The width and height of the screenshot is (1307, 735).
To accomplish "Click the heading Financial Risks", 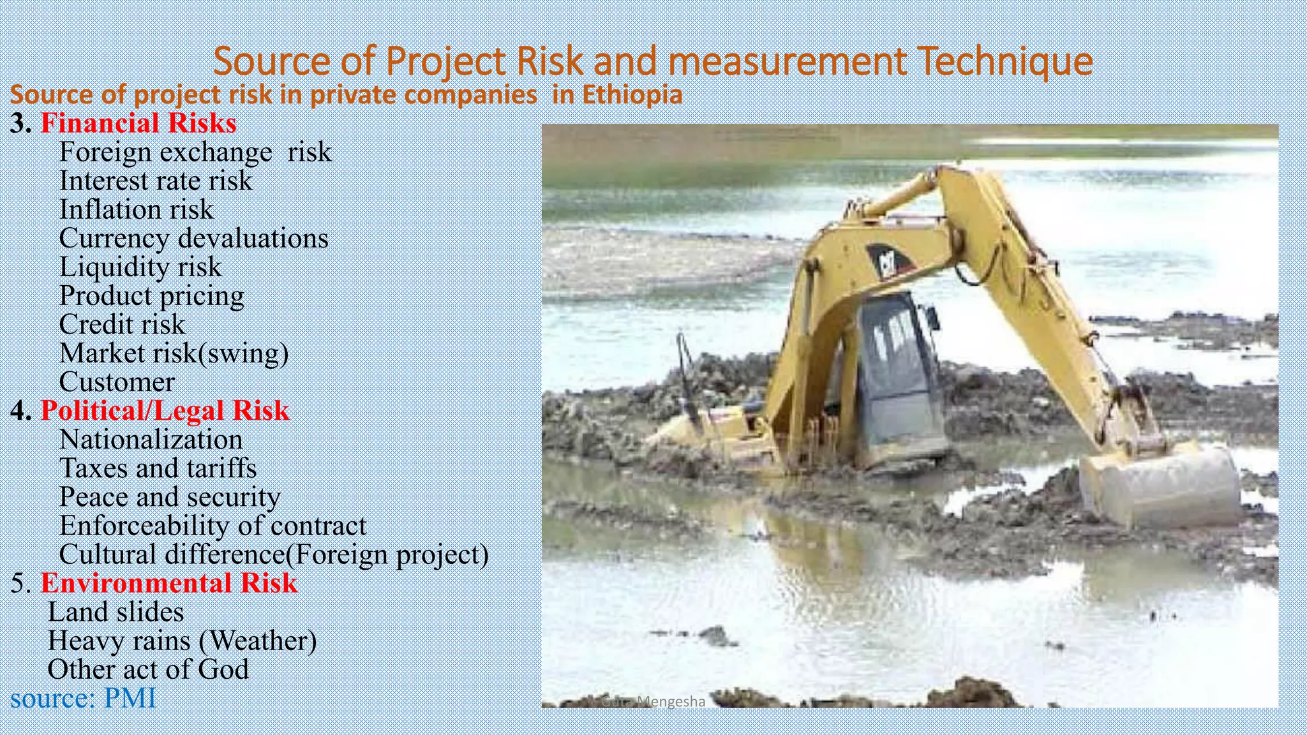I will pyautogui.click(x=138, y=123).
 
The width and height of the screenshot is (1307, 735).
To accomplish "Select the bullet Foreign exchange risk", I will pyautogui.click(x=195, y=152).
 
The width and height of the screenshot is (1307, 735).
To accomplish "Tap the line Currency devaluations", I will pyautogui.click(x=193, y=239).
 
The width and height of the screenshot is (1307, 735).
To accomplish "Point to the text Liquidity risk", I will pyautogui.click(x=140, y=267).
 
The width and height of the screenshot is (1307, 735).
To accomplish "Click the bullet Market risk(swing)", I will pyautogui.click(x=174, y=353).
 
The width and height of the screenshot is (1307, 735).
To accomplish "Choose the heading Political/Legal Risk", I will pyautogui.click(x=165, y=411).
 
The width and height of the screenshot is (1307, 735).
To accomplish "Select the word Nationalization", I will pyautogui.click(x=151, y=440).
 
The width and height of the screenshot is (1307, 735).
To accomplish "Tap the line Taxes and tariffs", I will pyautogui.click(x=158, y=468).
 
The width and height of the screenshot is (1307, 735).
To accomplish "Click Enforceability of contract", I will pyautogui.click(x=213, y=526).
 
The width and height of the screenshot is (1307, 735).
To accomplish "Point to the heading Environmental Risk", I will pyautogui.click(x=169, y=583).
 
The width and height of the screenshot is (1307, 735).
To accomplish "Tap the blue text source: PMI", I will pyautogui.click(x=83, y=698).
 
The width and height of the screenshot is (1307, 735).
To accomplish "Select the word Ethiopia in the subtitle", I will pyautogui.click(x=632, y=95).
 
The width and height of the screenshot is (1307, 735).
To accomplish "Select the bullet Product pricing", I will pyautogui.click(x=151, y=296).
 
